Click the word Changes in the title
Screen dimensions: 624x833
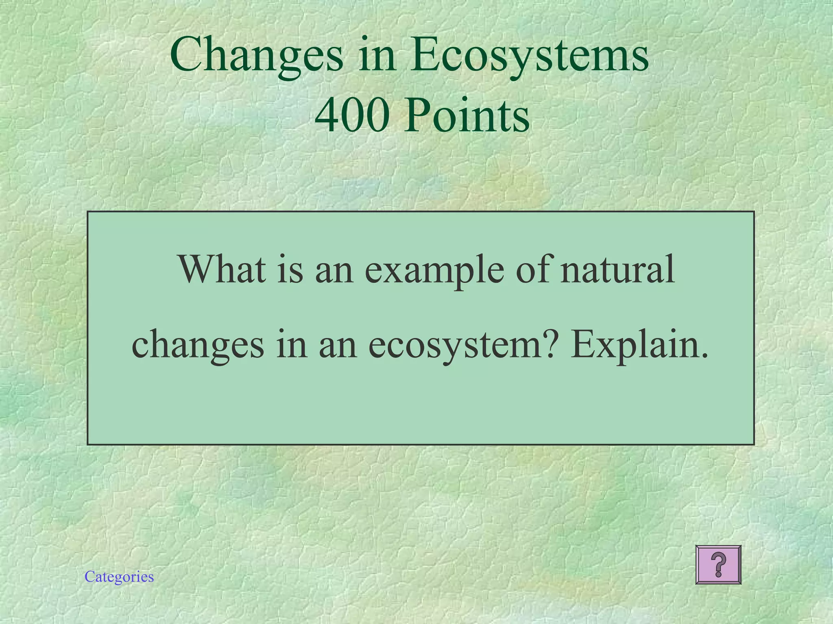click(x=257, y=55)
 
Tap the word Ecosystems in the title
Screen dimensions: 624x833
click(x=529, y=55)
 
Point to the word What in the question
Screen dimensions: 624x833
click(x=222, y=269)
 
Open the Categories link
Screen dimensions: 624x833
click(x=119, y=577)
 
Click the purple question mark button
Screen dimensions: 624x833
click(x=718, y=565)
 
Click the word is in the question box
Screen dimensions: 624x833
click(x=290, y=269)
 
